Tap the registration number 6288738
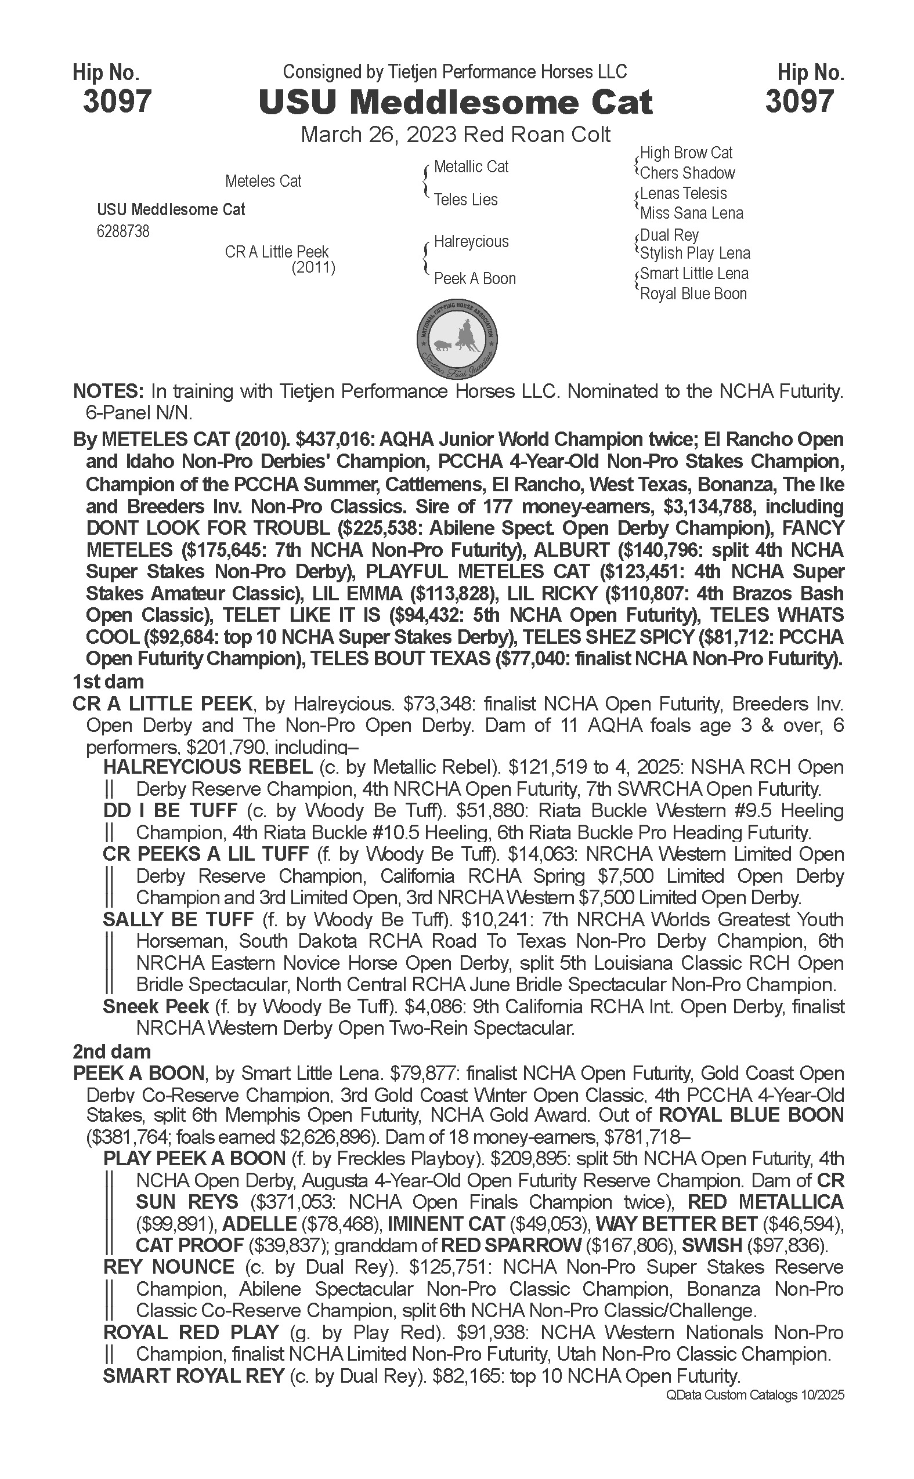click(122, 232)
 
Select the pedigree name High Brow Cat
click(686, 153)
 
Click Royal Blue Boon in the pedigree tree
click(693, 294)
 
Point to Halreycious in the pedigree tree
click(471, 242)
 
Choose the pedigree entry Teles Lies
click(465, 200)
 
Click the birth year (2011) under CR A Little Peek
click(313, 267)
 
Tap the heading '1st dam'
click(108, 682)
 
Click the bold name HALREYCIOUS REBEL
click(208, 767)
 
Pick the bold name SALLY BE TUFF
click(178, 919)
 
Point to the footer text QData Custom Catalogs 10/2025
click(754, 1394)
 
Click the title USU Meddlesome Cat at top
click(456, 102)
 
